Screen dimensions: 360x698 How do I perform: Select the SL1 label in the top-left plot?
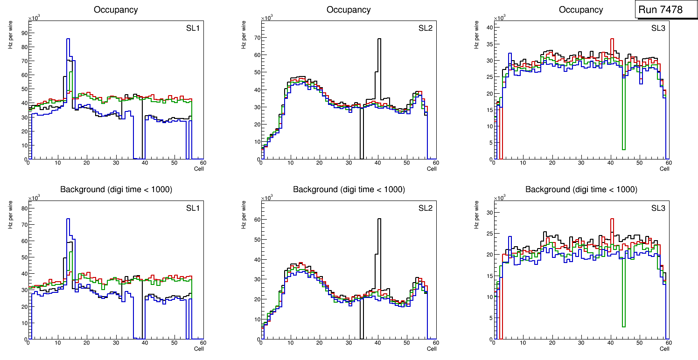(x=193, y=28)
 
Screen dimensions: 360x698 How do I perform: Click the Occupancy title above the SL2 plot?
(x=349, y=10)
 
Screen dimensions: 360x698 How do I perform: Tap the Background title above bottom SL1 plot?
(x=116, y=189)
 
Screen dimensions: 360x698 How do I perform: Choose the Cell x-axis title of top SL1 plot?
(x=199, y=169)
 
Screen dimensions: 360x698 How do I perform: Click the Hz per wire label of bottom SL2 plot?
(x=244, y=215)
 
